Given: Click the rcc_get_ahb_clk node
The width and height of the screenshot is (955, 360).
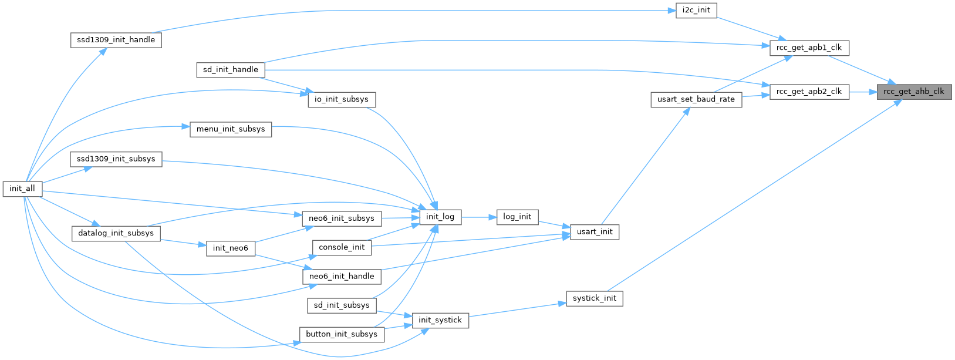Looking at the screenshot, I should coord(913,92).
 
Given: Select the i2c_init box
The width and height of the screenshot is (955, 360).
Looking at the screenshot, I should coord(696,11).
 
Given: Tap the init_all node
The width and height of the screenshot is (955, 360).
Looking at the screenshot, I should coord(22,189).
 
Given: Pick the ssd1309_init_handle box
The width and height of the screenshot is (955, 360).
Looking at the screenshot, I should coord(116,40).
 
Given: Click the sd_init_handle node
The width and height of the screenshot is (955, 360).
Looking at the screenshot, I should coord(230,69).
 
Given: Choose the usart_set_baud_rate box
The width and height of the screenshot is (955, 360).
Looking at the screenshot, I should coord(696,99).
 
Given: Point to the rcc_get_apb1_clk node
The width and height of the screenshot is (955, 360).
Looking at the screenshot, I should coord(809,48).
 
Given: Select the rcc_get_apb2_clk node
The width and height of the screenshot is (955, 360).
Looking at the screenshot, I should coord(809,92).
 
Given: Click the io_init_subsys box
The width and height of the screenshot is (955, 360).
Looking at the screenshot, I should coord(341,99).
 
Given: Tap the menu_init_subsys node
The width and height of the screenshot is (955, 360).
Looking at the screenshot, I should coord(231,129).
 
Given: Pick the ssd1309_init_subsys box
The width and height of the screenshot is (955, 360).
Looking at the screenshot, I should coord(116,159).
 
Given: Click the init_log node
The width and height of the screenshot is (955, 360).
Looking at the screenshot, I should coord(440,217).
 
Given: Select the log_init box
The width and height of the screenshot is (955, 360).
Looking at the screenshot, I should coord(517,217).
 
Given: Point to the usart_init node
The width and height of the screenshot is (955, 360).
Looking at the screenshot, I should coord(595,231).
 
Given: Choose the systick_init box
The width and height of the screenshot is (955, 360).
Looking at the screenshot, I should coord(595,298).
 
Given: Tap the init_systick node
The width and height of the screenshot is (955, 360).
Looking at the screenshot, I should coord(440,320).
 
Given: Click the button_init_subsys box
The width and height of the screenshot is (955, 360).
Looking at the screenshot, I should coord(342,334).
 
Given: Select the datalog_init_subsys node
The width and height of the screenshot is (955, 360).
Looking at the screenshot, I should coord(116,233).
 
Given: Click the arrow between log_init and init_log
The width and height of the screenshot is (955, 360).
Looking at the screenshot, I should coord(479,217).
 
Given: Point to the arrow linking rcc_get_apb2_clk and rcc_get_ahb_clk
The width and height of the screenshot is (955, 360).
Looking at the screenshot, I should coord(862,92).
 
